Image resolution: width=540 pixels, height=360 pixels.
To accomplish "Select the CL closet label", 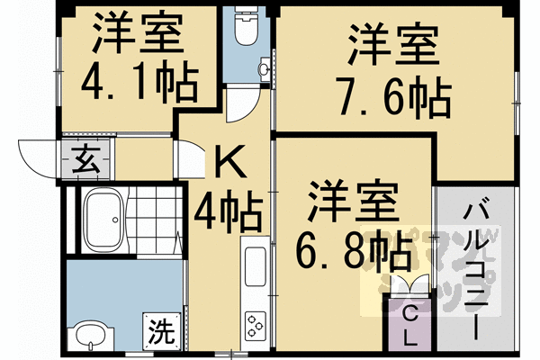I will (x=409, y=327).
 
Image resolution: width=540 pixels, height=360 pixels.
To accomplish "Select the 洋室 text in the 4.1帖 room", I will (x=138, y=34).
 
